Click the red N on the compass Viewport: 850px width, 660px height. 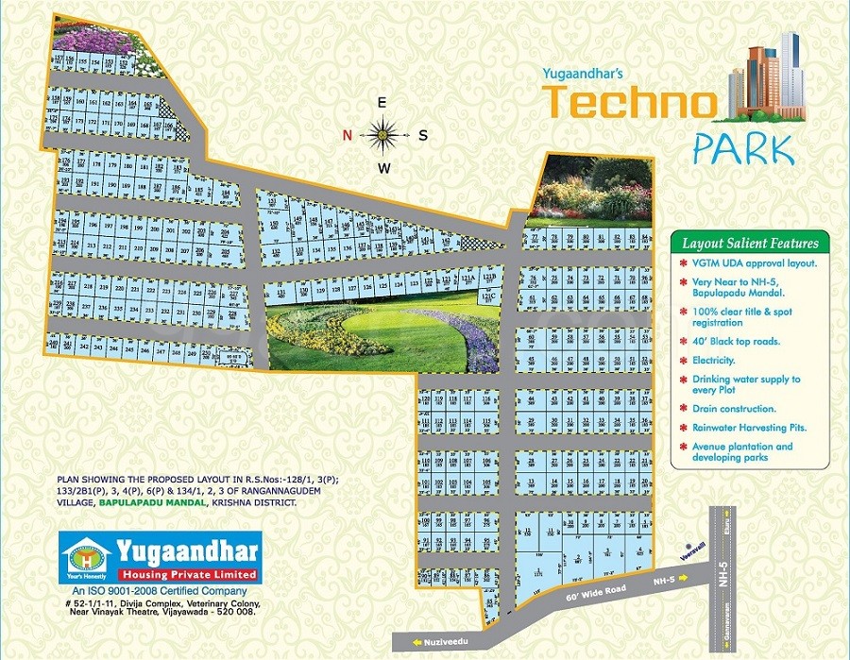(x=348, y=135)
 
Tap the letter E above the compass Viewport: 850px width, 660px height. (x=382, y=102)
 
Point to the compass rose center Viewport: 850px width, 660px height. (x=382, y=135)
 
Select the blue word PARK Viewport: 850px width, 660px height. (x=741, y=149)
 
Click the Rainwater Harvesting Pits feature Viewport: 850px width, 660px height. (x=747, y=428)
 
